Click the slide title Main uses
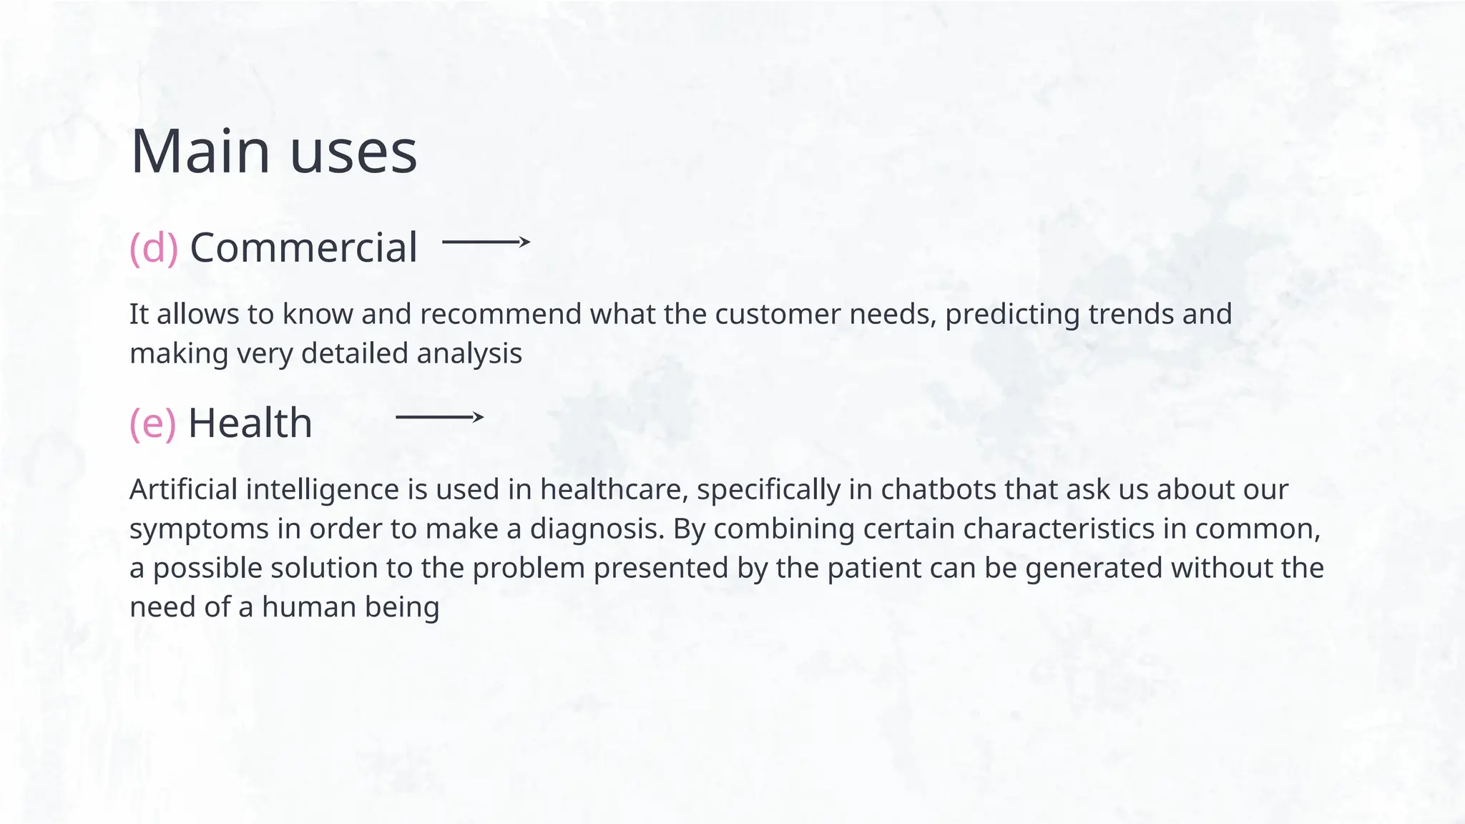coord(274,151)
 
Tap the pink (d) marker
coord(154,247)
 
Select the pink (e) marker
coord(152,423)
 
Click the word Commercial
coord(303,247)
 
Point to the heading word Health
coord(250,423)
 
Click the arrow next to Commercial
coord(486,242)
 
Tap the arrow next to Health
coord(439,417)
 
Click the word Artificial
coord(184,490)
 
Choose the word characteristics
coord(1074,529)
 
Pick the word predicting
coord(1012,315)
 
